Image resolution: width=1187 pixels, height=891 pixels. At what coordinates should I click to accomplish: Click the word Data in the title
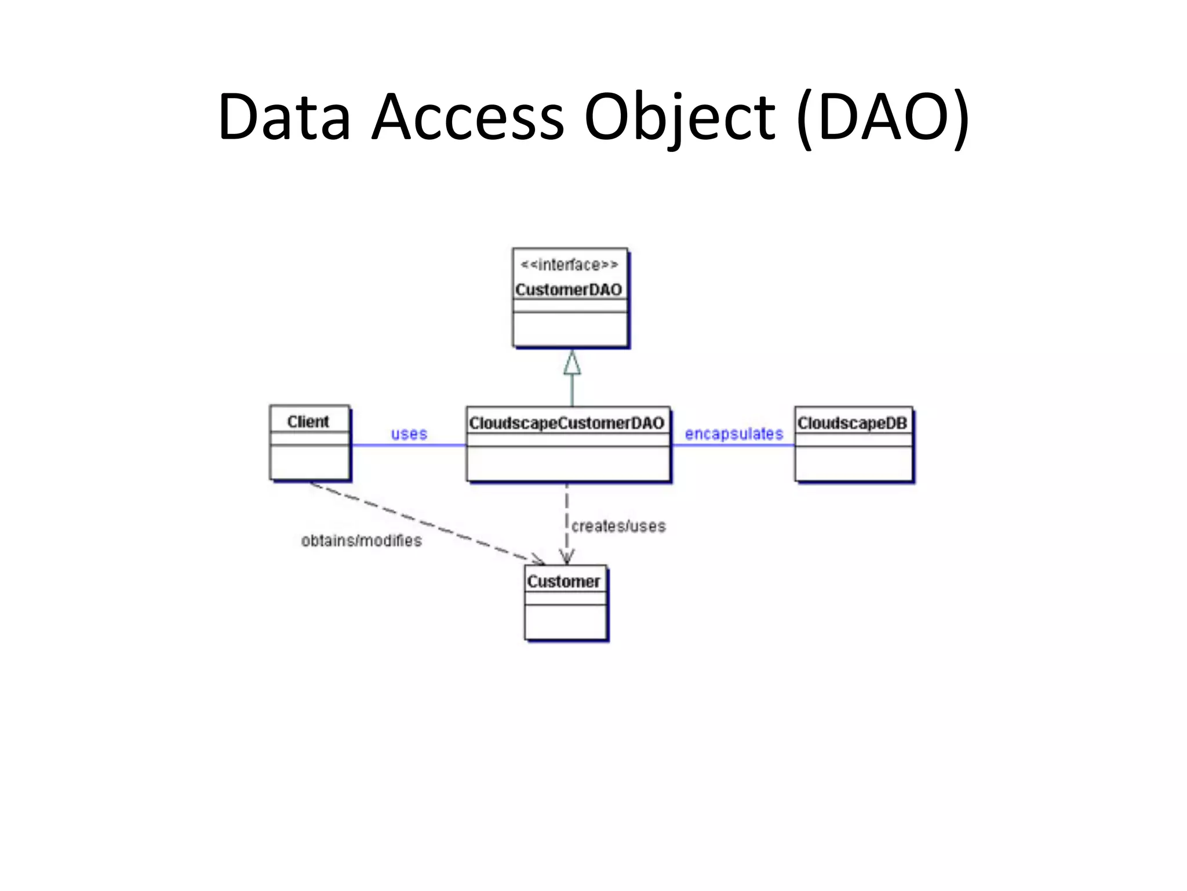click(284, 117)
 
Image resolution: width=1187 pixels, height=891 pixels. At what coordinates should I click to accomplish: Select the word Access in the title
click(467, 117)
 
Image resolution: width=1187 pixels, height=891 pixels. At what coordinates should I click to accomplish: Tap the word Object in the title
click(679, 117)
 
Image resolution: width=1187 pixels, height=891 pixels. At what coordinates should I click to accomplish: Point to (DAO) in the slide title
click(883, 117)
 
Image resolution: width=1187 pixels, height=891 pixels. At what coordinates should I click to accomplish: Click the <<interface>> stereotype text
click(569, 265)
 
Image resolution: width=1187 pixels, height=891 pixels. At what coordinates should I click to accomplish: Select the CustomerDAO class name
click(569, 289)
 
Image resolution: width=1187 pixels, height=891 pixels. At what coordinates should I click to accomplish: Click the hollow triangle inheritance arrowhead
click(572, 363)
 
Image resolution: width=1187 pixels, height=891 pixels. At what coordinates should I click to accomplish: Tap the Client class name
click(308, 422)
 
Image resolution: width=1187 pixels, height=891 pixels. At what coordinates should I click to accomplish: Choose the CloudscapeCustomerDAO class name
click(566, 423)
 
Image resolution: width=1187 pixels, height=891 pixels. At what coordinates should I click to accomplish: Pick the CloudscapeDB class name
click(851, 423)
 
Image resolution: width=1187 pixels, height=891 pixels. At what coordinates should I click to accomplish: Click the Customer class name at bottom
click(563, 581)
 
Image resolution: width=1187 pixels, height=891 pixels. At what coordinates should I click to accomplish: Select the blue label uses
click(409, 433)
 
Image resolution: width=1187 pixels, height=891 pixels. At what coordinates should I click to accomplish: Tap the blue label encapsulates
click(734, 433)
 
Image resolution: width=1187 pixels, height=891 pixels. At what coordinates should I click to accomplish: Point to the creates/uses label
click(618, 526)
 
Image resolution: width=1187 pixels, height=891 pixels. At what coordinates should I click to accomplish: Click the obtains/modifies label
click(361, 541)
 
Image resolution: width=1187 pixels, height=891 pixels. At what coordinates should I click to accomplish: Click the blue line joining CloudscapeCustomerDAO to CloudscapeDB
click(733, 445)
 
